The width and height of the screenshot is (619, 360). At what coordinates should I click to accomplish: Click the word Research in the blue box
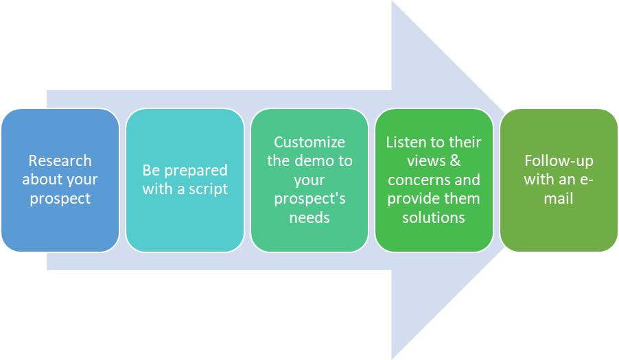[60, 160]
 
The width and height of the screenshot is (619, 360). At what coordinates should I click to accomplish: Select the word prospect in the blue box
[60, 199]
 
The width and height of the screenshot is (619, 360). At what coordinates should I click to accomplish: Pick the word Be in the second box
[151, 170]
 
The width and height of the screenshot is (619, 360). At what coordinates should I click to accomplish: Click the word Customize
[309, 143]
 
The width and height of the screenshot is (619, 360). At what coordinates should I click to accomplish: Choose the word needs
[309, 217]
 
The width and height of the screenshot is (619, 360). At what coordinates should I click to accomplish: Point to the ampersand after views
[455, 160]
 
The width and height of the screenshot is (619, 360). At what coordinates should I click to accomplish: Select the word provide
[414, 199]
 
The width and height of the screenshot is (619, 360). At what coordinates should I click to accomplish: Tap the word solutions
[434, 217]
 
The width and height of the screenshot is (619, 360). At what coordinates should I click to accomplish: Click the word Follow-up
[559, 161]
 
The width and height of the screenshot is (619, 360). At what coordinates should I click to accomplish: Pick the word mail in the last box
[558, 198]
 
